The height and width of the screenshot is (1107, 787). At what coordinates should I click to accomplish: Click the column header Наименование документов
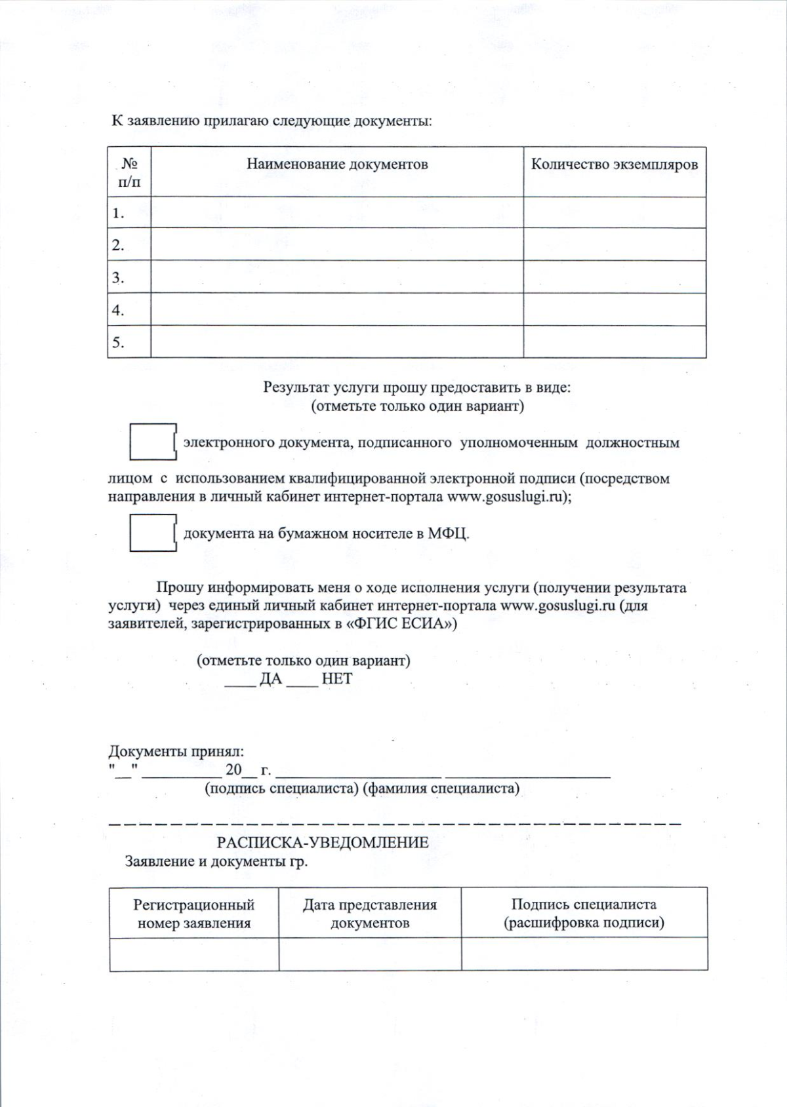click(x=337, y=165)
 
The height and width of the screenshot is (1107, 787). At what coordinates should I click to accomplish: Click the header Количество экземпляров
click(x=614, y=165)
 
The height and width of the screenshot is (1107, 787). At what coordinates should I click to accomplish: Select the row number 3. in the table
click(x=118, y=278)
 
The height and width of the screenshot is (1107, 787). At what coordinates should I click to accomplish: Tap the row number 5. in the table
click(x=118, y=343)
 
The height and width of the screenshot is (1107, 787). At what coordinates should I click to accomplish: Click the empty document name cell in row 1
click(x=337, y=213)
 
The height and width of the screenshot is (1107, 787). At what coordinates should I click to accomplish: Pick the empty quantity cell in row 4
click(x=614, y=310)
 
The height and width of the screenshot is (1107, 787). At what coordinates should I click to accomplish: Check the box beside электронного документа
click(x=151, y=442)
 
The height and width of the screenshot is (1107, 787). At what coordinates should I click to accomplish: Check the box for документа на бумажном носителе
click(x=151, y=533)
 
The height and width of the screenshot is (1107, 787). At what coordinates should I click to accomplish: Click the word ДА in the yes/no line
click(x=271, y=679)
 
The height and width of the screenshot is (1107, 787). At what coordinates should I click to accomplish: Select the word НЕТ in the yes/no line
click(x=337, y=679)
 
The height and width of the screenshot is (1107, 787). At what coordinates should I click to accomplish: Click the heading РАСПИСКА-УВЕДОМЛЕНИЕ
click(x=323, y=842)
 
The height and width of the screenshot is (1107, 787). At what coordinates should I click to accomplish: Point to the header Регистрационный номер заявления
click(x=194, y=914)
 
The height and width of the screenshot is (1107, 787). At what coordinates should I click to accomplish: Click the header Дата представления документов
click(x=370, y=914)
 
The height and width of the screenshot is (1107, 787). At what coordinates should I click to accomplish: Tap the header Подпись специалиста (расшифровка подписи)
click(x=584, y=913)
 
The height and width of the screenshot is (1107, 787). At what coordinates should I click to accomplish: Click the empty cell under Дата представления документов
click(x=370, y=953)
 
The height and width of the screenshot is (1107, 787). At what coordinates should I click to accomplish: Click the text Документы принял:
click(x=176, y=751)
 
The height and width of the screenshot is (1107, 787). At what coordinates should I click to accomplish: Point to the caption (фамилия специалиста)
click(x=441, y=788)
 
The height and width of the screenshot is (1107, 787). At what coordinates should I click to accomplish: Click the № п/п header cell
click(x=129, y=172)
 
